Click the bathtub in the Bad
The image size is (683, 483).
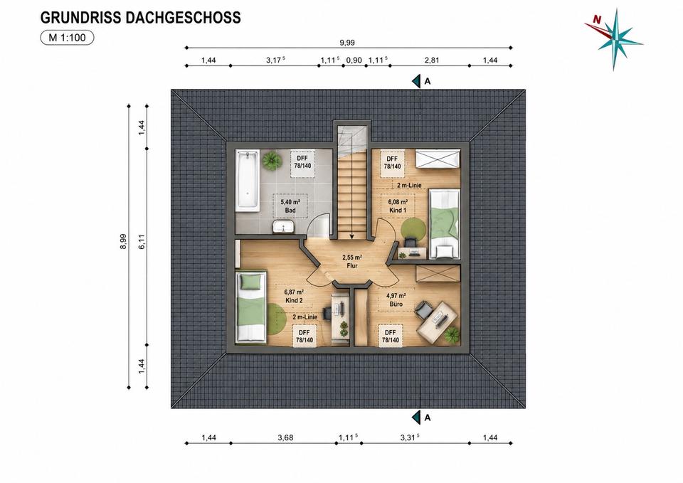click(x=247, y=181)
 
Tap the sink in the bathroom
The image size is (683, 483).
click(x=284, y=227)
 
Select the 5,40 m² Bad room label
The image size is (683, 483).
click(x=290, y=206)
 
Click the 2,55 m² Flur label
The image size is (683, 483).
click(x=352, y=261)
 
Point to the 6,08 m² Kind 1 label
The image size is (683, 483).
click(x=398, y=206)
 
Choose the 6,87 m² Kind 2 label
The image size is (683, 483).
click(x=294, y=296)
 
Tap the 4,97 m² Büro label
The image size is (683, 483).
click(x=395, y=299)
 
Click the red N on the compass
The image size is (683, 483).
click(x=597, y=19)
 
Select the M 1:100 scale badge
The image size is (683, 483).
click(x=67, y=38)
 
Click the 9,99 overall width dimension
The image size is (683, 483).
click(x=347, y=43)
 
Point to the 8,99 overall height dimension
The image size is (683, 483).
click(x=123, y=241)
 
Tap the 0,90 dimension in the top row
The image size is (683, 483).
click(x=354, y=60)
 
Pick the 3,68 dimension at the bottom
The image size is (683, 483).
click(x=285, y=437)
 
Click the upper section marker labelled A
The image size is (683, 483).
click(x=422, y=81)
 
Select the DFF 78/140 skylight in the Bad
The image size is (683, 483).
click(x=305, y=162)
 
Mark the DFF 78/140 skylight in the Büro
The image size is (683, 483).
click(x=391, y=336)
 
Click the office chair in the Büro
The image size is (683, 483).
click(x=423, y=309)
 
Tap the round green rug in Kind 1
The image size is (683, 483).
click(x=413, y=228)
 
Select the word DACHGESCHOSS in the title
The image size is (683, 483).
click(x=183, y=17)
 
